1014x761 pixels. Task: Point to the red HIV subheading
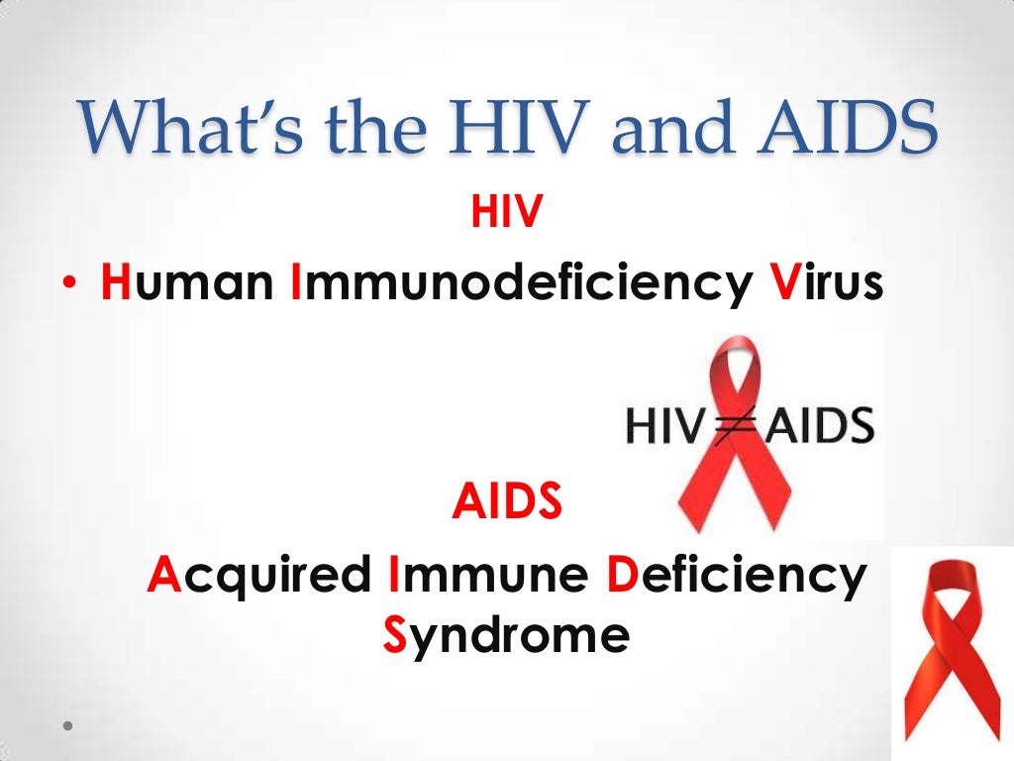click(507, 214)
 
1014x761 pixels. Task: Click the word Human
click(187, 284)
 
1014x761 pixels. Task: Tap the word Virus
click(825, 284)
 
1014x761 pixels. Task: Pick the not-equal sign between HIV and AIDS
click(732, 427)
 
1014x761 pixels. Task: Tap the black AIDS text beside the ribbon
click(817, 427)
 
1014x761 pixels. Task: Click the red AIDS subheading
click(507, 503)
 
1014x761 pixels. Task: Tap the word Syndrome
click(505, 635)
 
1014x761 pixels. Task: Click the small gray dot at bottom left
click(67, 725)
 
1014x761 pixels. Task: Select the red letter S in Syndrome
click(394, 635)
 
